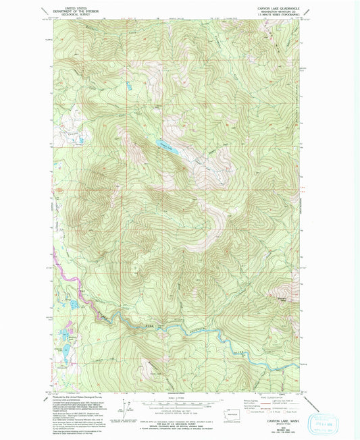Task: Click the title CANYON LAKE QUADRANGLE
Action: [279, 8]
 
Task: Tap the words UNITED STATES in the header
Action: [65, 7]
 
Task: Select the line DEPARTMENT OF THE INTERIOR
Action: [65, 11]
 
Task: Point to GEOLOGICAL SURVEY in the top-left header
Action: [65, 16]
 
